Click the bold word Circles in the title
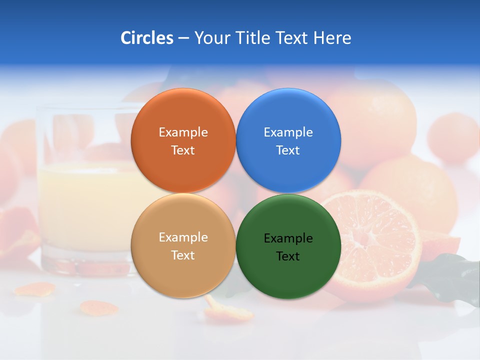[x=146, y=38]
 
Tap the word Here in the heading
[x=332, y=38]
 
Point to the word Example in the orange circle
[x=183, y=132]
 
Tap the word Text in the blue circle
[x=288, y=150]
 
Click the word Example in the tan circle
[x=183, y=237]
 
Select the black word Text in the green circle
[x=288, y=256]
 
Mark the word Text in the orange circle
[x=183, y=150]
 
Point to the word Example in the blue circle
[x=288, y=132]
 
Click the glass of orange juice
[x=85, y=200]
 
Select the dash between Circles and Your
[x=183, y=38]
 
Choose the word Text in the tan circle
[x=183, y=255]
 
